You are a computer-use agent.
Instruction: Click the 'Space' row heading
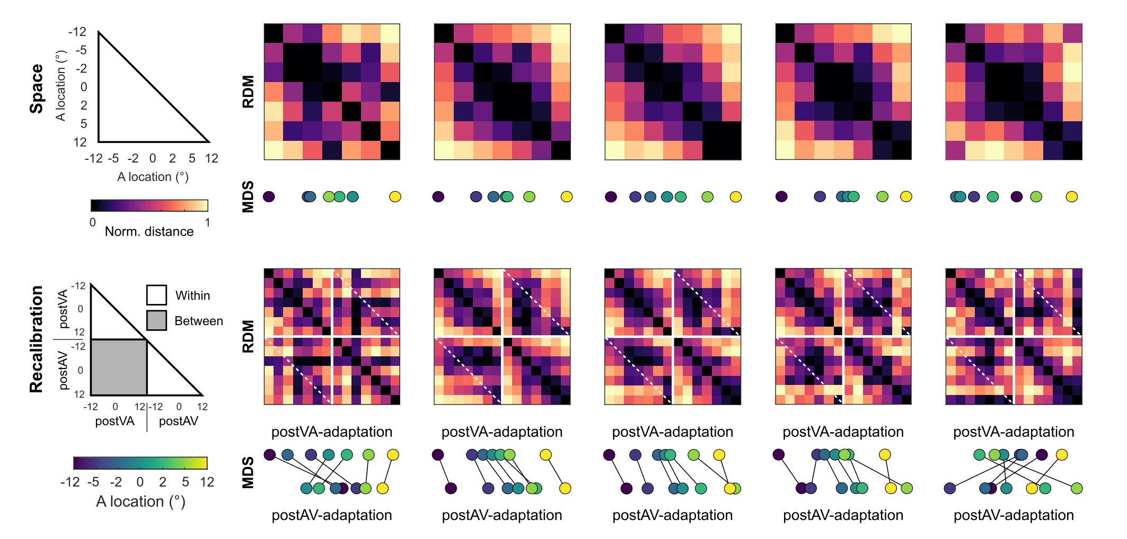pos(36,89)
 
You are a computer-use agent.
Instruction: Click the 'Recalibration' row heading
pos(36,339)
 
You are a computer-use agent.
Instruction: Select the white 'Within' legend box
pos(156,295)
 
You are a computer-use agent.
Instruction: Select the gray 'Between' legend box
pos(156,320)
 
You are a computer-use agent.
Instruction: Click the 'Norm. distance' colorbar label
pos(149,231)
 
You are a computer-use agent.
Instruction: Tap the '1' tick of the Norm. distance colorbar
pos(207,222)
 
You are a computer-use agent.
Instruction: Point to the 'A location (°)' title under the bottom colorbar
pos(140,501)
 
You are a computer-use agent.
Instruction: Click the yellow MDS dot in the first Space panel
pos(395,197)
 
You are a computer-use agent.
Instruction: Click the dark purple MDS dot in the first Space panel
pos(269,197)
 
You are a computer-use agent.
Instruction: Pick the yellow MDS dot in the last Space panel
pos(1072,197)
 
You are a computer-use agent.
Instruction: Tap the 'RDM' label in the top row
pos(248,92)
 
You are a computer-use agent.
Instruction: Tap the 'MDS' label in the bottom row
pos(248,472)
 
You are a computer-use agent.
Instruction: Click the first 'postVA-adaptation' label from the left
pos(332,432)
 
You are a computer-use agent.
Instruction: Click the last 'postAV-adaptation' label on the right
pos(1014,515)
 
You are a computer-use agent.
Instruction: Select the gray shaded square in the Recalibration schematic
pos(119,367)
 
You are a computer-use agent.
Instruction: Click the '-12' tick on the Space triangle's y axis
pos(77,32)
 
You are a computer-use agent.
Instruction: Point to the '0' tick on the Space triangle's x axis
pos(153,158)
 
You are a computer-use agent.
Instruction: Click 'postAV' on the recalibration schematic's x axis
pos(179,421)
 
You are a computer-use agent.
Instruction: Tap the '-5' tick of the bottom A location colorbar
pos(93,482)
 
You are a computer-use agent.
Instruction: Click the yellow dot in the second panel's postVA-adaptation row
pos(545,455)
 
